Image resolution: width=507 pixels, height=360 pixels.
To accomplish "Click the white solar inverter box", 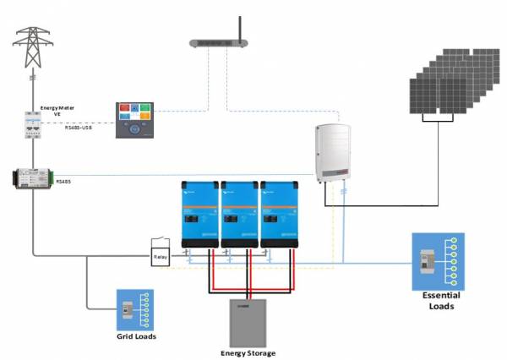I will [x=332, y=152].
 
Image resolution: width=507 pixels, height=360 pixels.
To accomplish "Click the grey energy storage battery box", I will [x=248, y=322].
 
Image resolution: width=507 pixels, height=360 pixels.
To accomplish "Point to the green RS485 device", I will [x=32, y=179].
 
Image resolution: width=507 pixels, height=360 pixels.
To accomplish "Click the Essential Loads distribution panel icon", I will [x=438, y=261].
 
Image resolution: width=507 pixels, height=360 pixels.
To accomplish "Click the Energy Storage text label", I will [x=248, y=352].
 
